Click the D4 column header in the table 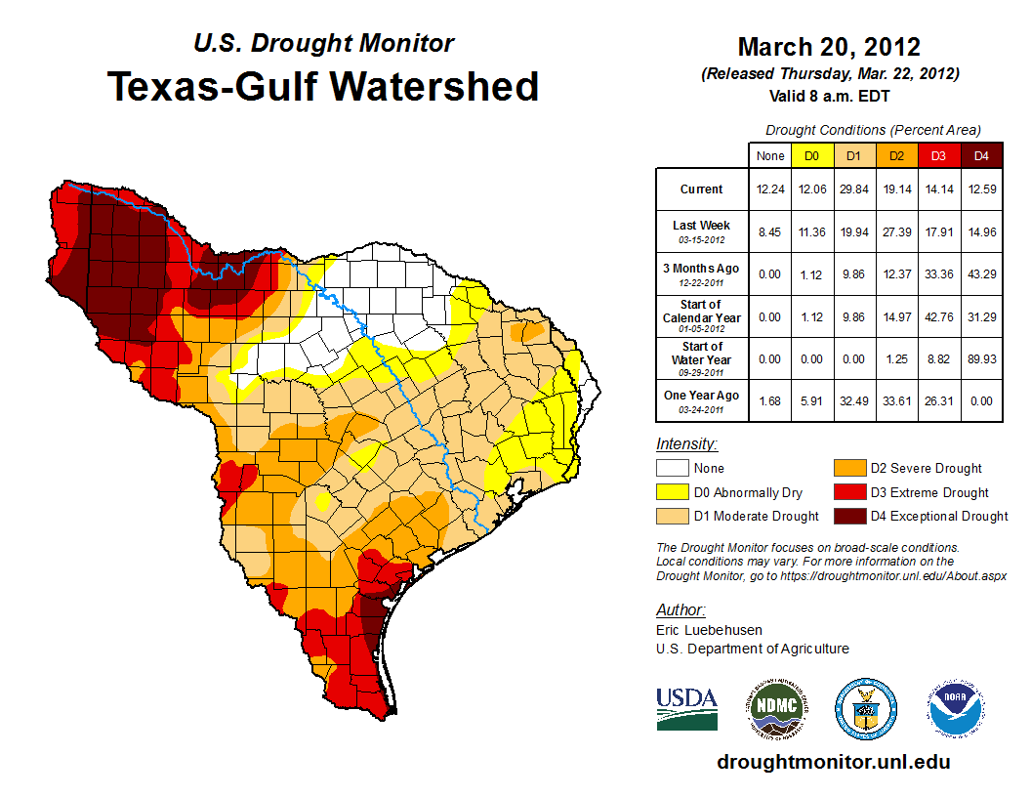coord(981,155)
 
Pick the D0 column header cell coord(811,155)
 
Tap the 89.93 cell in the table coord(981,359)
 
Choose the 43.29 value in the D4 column coord(981,273)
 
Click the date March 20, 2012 coord(829,47)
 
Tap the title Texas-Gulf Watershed coord(323,86)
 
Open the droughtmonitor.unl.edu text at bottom coord(833,762)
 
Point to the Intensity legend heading coord(686,443)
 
